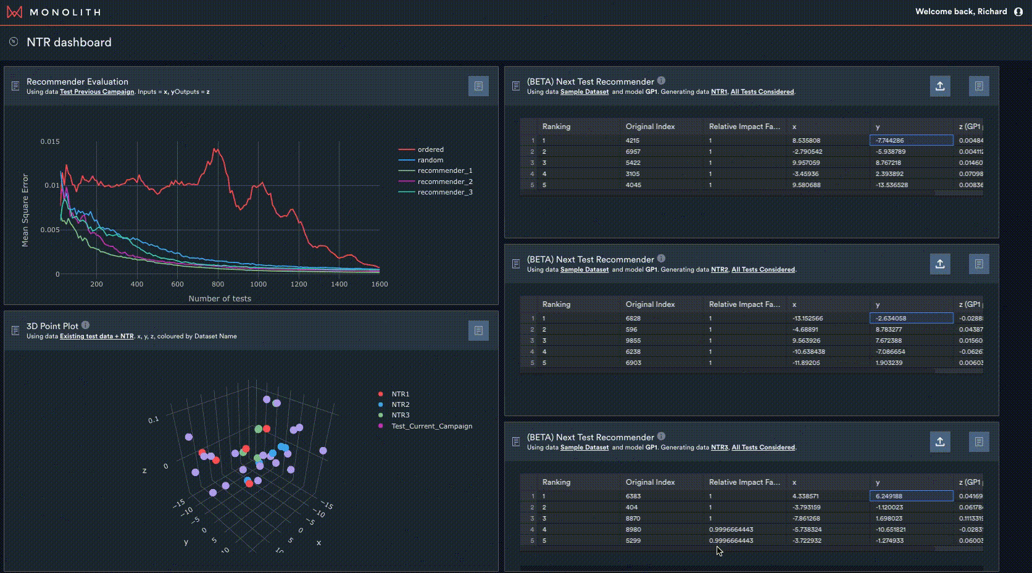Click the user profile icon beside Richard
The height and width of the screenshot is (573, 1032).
(1018, 12)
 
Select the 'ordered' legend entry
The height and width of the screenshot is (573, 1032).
(430, 149)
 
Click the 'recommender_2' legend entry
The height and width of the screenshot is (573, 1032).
(444, 182)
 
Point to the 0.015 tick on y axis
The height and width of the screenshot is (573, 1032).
(50, 141)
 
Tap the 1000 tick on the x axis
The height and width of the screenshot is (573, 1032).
(258, 284)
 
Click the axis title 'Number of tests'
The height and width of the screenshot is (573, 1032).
(220, 298)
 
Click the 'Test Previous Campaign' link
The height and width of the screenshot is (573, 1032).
(97, 92)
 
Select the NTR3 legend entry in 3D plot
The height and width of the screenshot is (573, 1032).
(400, 415)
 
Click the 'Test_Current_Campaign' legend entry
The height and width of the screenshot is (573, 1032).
(431, 426)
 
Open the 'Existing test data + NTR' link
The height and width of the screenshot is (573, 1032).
(97, 337)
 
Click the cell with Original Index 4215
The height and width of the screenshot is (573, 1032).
(633, 141)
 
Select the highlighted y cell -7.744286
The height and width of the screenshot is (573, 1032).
(911, 141)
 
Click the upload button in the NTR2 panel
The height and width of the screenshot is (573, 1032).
(940, 264)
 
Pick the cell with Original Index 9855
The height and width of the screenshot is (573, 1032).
(633, 341)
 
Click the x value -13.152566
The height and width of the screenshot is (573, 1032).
(807, 319)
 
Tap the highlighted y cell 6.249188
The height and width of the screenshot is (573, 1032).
(911, 496)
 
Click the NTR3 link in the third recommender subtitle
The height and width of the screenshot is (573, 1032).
(719, 448)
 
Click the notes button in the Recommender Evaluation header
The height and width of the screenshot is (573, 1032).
(478, 86)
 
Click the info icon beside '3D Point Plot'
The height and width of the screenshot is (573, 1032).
(86, 325)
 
